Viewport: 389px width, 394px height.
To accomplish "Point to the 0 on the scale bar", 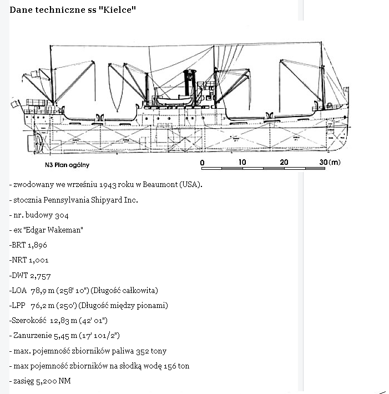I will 202,162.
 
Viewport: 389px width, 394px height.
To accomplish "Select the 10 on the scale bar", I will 243,162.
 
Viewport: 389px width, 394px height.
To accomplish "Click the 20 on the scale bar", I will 284,162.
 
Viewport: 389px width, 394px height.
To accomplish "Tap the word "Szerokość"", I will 28,320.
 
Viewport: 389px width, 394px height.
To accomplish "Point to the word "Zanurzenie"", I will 33,335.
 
